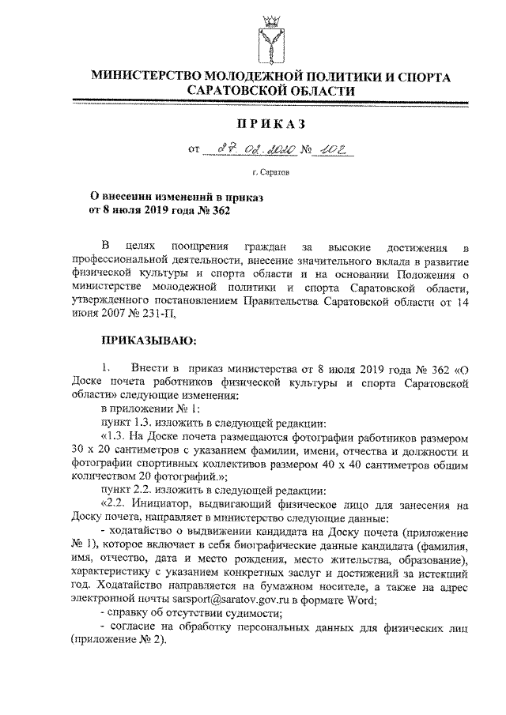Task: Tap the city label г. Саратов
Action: coord(271,171)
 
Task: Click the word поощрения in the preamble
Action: coord(202,250)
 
